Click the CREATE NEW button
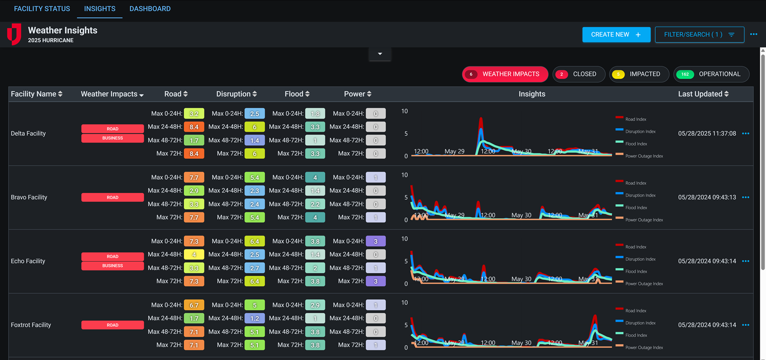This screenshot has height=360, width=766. (x=616, y=35)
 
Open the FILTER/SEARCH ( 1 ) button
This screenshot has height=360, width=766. (x=699, y=35)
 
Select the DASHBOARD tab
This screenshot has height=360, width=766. (x=150, y=9)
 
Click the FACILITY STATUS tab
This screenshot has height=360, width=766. (x=42, y=9)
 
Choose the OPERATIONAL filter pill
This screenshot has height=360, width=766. (x=711, y=74)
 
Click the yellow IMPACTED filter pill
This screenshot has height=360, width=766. (x=639, y=74)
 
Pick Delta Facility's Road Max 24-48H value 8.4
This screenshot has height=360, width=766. (x=194, y=127)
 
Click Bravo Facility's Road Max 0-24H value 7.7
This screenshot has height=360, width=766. (x=194, y=177)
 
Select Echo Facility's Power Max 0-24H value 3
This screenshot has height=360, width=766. (x=376, y=241)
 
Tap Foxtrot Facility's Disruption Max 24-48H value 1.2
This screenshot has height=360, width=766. (x=255, y=318)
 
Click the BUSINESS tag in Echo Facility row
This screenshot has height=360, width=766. (x=113, y=266)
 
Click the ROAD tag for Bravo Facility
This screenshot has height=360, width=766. (x=113, y=197)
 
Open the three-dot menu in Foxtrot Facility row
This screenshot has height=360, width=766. (x=746, y=325)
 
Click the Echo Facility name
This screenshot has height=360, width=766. (x=28, y=261)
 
